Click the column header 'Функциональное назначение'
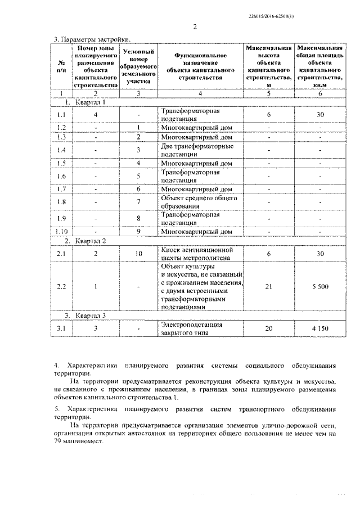[x=200, y=65]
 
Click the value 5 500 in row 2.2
[x=318, y=286]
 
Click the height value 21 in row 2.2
[x=269, y=286]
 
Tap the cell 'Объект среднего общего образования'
[x=199, y=201]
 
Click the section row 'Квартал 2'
[x=91, y=241]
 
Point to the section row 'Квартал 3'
[x=91, y=315]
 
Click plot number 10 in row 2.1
[x=138, y=254]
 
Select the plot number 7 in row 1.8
[x=138, y=201]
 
